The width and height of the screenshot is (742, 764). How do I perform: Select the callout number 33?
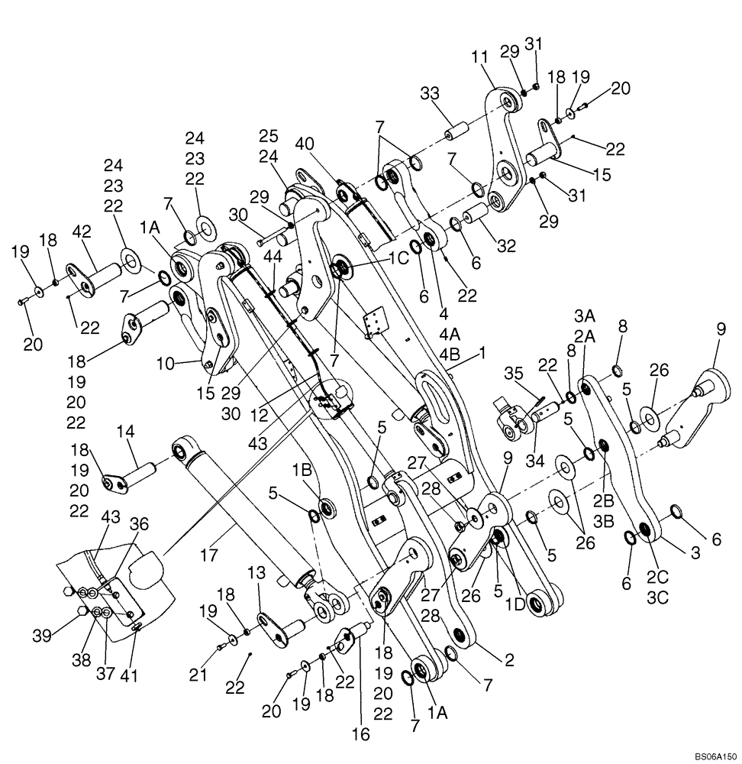point(430,95)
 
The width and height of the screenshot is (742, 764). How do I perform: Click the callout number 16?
point(361,734)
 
